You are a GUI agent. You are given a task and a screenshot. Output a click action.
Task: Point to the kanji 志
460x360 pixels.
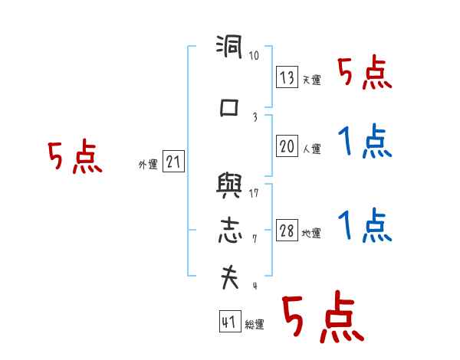click(x=229, y=231)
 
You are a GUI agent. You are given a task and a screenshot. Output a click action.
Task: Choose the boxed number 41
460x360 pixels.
click(x=228, y=322)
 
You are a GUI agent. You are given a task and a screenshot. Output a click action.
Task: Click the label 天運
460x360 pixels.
click(x=311, y=80)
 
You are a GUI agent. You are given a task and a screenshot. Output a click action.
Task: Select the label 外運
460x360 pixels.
click(x=148, y=165)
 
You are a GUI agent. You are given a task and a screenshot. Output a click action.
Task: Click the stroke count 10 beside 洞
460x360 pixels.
click(x=254, y=56)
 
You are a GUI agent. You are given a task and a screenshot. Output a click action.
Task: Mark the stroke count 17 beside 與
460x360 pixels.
click(x=254, y=193)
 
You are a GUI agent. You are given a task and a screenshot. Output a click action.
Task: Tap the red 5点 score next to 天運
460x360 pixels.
click(x=364, y=74)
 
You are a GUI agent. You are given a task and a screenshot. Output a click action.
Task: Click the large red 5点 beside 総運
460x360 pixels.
click(x=321, y=318)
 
